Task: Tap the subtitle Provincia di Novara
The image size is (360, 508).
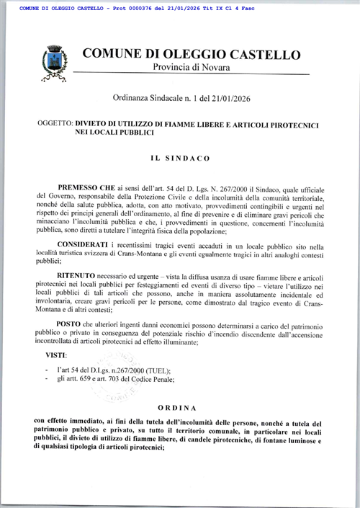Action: (190, 67)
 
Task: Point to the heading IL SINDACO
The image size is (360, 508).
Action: (180, 156)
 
